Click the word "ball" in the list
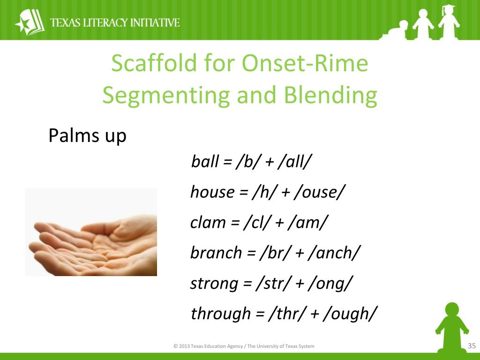(205, 161)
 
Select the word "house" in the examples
(212, 192)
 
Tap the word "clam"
(208, 222)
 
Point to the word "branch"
(216, 253)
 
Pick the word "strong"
(214, 284)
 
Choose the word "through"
(221, 314)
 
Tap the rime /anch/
(334, 253)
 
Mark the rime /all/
(294, 161)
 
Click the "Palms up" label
(87, 135)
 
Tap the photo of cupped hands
(91, 232)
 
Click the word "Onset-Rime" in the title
(305, 63)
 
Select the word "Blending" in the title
(330, 95)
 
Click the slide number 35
(472, 346)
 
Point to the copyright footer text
(244, 346)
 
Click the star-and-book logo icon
(30, 22)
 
